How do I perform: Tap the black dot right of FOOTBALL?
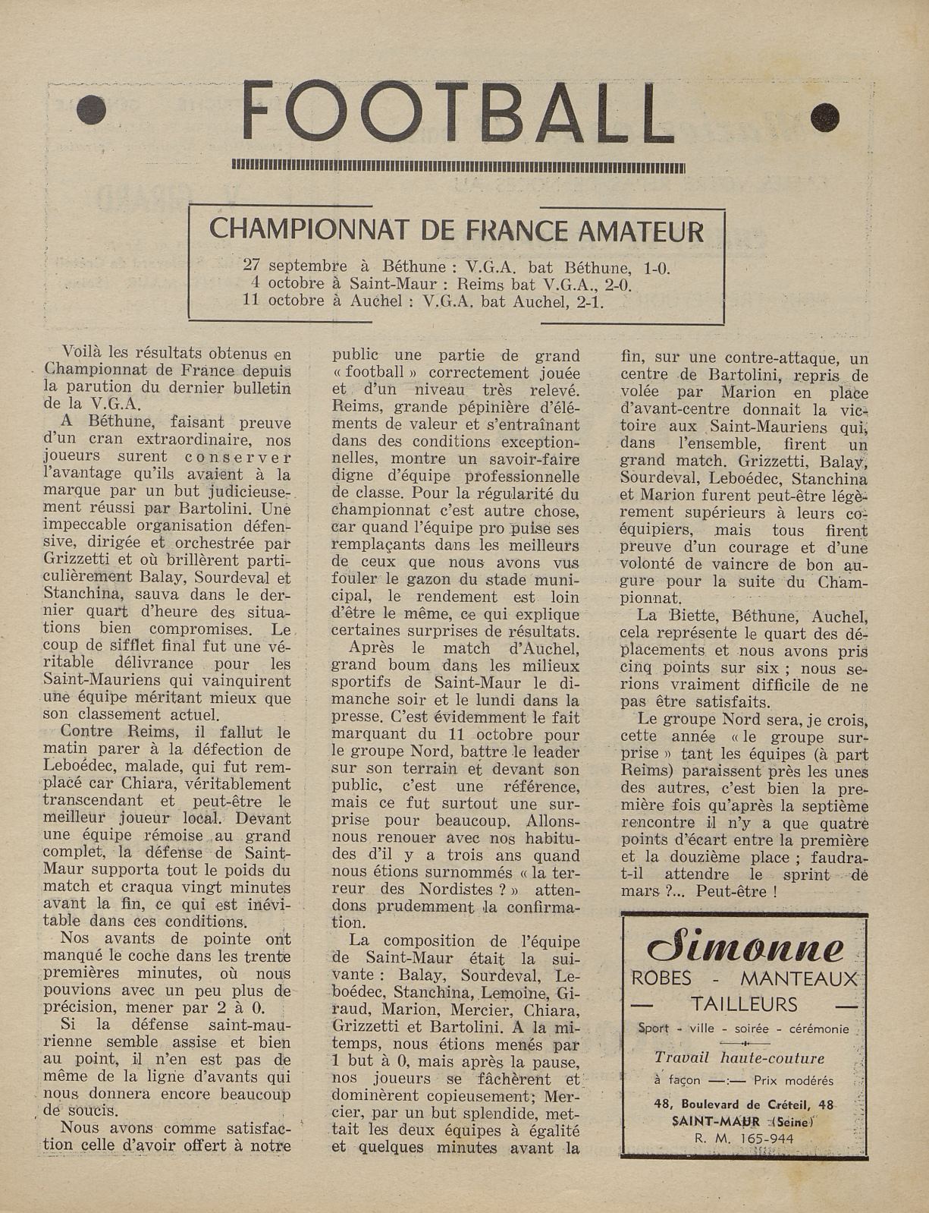[x=824, y=116]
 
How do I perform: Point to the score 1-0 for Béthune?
[x=656, y=267]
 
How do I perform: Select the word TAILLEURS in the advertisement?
[x=744, y=1005]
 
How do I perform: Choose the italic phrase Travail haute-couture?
[x=739, y=1058]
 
